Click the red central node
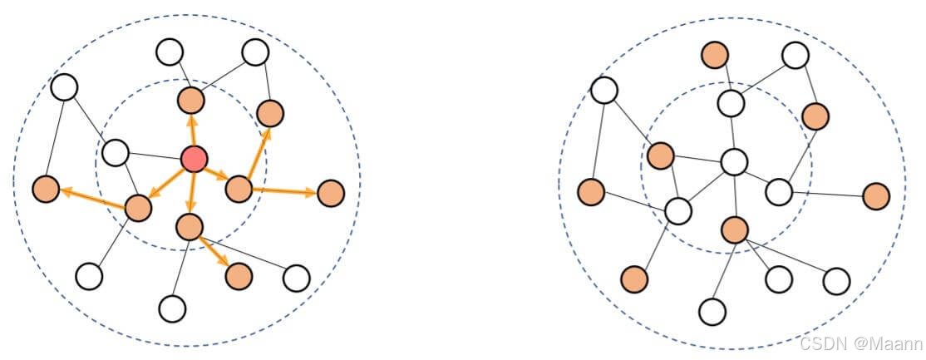click(x=194, y=158)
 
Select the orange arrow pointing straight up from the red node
click(x=192, y=131)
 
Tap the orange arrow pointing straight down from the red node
click(x=191, y=196)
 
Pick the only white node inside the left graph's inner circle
click(x=116, y=152)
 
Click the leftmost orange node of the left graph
click(x=47, y=190)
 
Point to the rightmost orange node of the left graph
click(x=331, y=193)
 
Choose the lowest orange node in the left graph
click(x=239, y=274)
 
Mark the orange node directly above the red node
click(x=191, y=101)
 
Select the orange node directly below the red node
click(x=190, y=225)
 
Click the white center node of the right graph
click(x=734, y=161)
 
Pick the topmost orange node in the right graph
click(x=715, y=56)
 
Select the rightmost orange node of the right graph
click(x=876, y=196)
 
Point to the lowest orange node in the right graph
click(x=633, y=279)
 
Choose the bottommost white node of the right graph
click(x=712, y=311)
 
